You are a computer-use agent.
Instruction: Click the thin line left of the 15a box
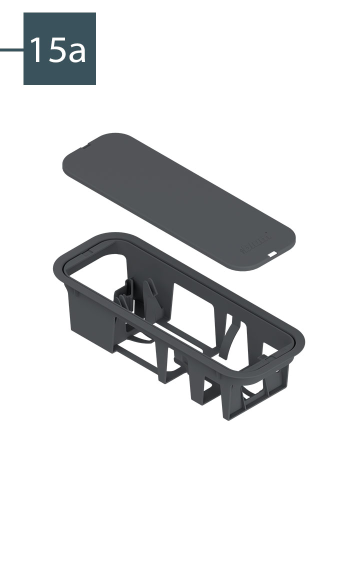[11, 49]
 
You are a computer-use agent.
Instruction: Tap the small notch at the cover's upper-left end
[85, 146]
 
